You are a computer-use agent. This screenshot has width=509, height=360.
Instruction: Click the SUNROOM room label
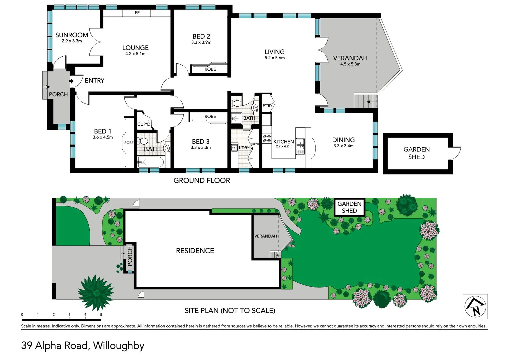coord(72,35)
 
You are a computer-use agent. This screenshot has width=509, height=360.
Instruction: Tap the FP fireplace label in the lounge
coord(137,13)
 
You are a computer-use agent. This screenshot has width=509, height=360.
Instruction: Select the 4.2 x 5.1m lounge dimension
coord(135,54)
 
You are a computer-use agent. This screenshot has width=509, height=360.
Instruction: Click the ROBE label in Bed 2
coord(210,69)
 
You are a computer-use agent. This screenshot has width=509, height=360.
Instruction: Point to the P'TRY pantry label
coord(267,106)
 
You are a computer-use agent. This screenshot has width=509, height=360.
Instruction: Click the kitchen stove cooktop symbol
coord(267,139)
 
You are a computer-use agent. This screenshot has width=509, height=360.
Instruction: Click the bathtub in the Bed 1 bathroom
coord(151,163)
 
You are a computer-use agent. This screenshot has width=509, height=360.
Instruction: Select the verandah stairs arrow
coord(372,102)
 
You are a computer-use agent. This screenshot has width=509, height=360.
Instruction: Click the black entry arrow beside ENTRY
coord(71,81)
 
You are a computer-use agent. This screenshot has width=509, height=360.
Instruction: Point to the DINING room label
coord(343,140)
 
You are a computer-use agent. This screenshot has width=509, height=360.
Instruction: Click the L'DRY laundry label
coord(244,148)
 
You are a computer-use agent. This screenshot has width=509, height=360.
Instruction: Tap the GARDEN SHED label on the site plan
coord(349,207)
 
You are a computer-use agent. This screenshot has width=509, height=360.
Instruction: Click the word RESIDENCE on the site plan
coord(195,251)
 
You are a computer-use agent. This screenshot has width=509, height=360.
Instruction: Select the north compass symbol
coord(475,307)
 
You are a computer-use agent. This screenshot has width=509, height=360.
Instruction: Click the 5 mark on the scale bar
coord(101,314)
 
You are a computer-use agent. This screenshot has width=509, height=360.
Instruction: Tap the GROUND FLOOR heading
coord(202,180)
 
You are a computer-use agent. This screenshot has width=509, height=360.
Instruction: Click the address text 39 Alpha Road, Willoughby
coord(83,345)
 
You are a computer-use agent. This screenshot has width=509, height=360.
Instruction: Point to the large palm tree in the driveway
coord(96,292)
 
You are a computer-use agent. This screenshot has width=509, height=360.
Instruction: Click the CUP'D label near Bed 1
coord(144,124)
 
